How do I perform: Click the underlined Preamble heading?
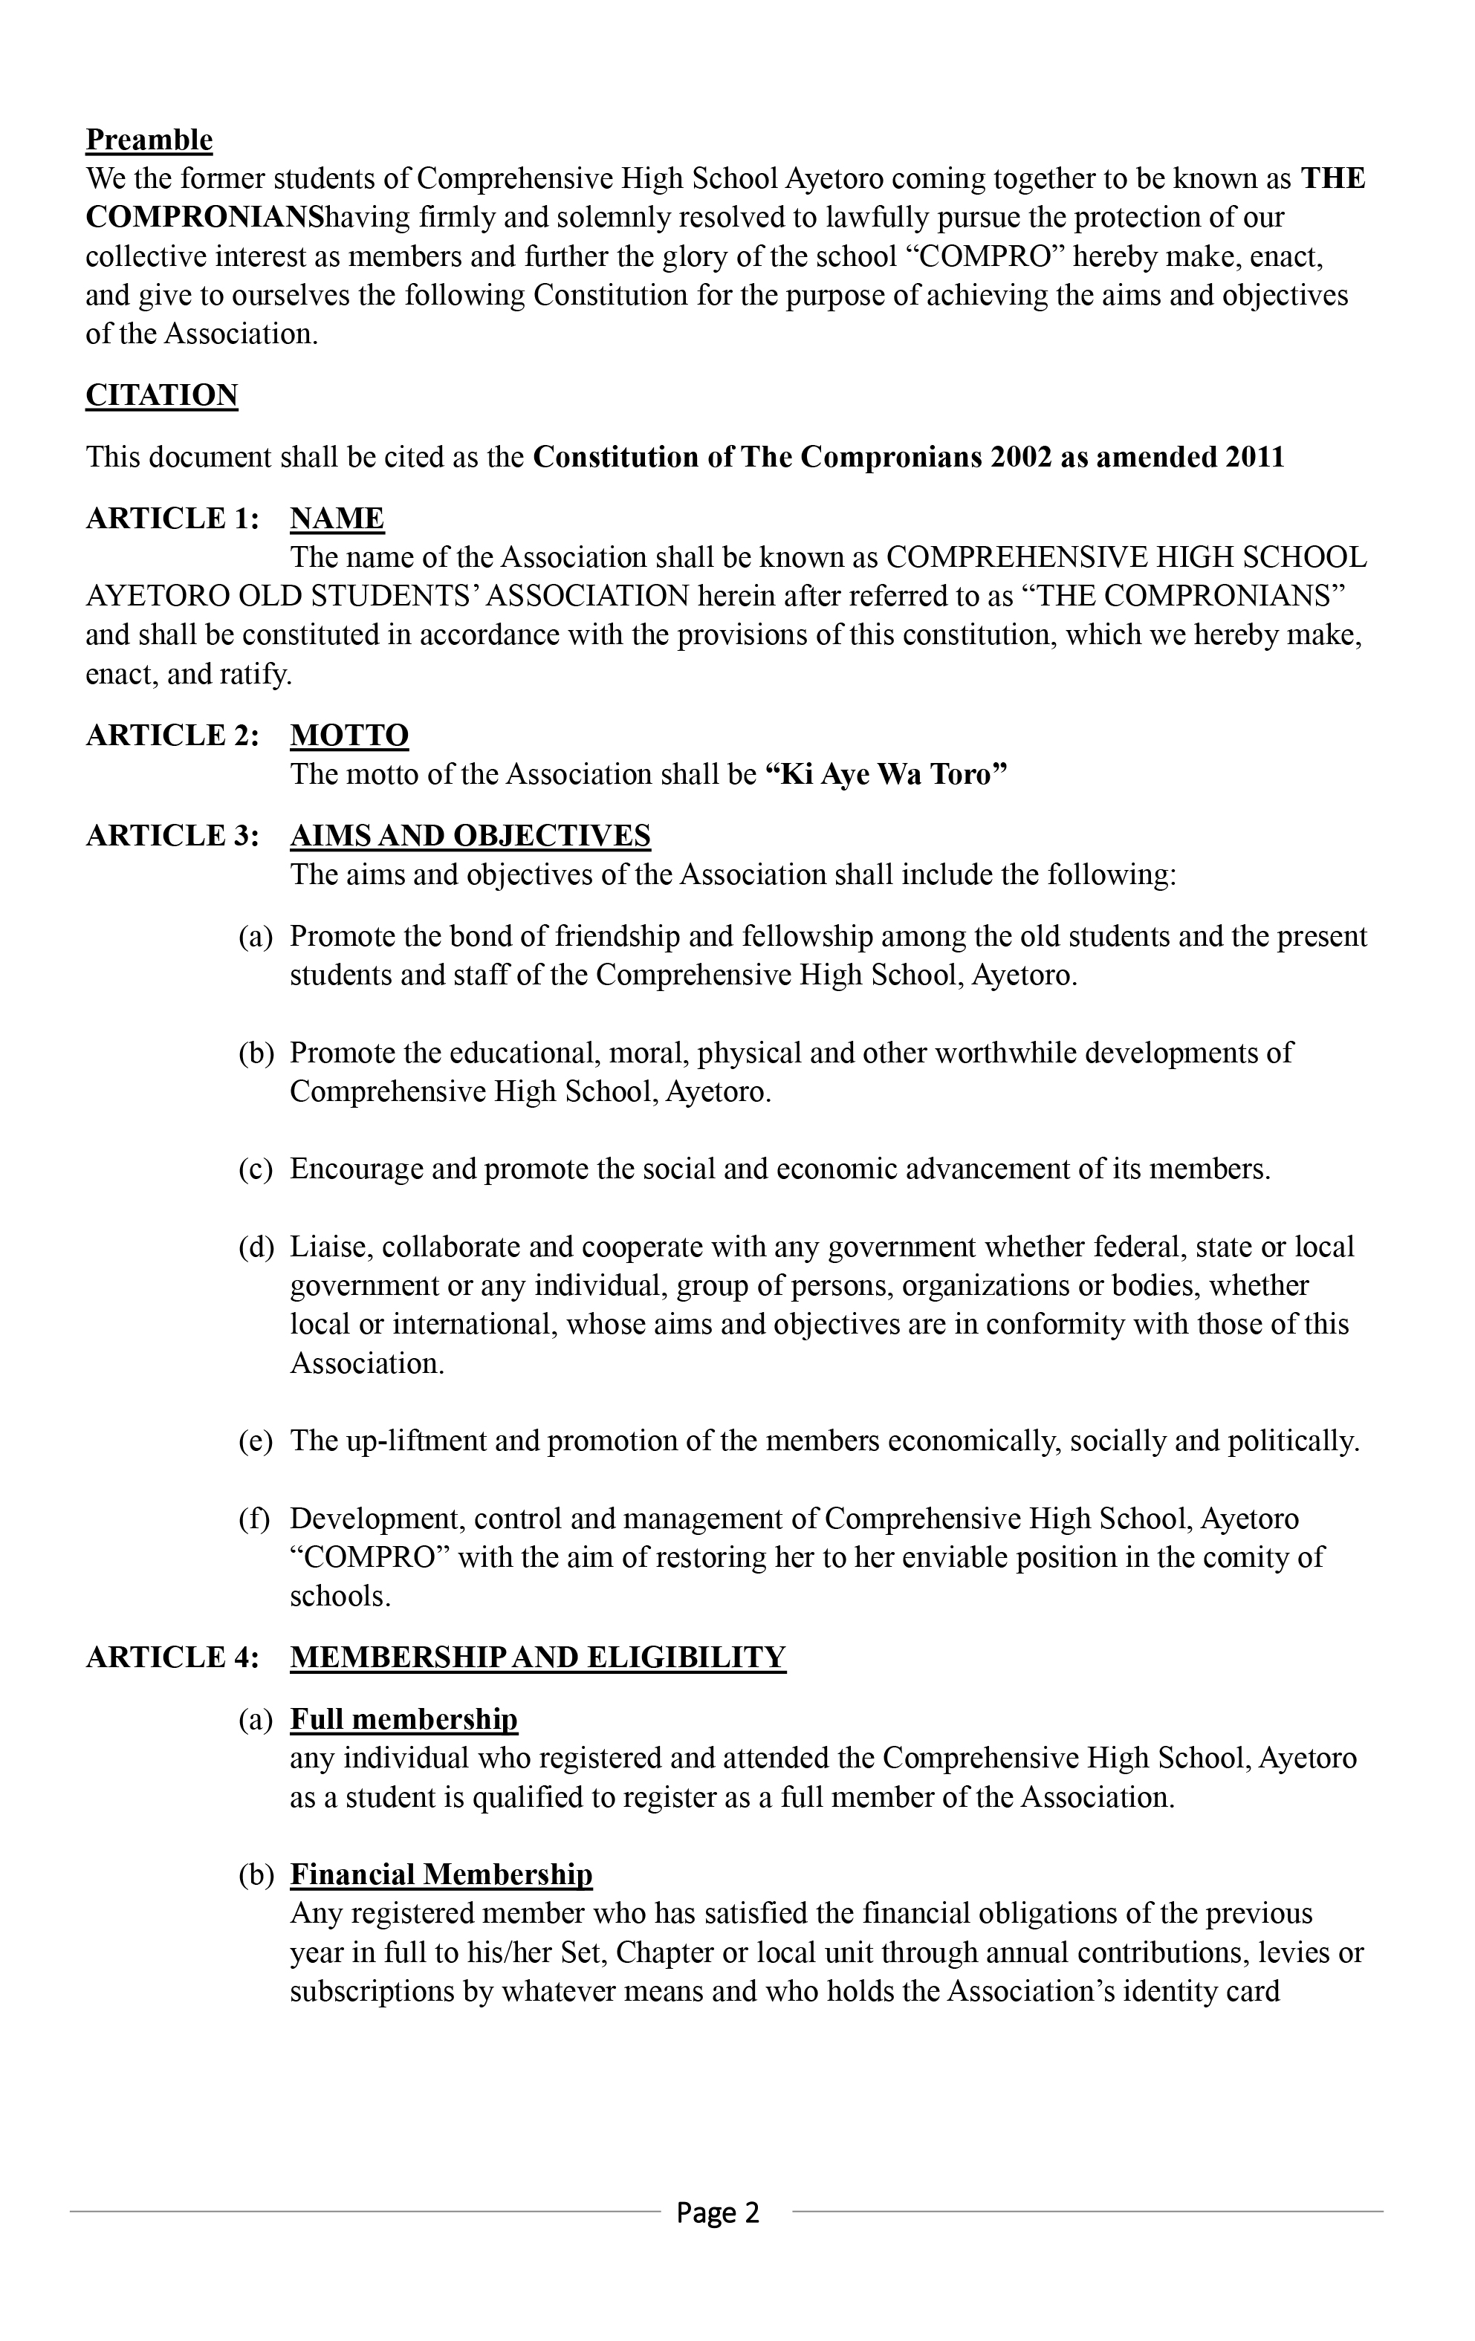pos(149,140)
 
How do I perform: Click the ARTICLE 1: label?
pos(173,518)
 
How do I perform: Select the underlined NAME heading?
pos(337,518)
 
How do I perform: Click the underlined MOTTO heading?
pos(349,735)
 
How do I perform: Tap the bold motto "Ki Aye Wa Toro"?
pos(886,774)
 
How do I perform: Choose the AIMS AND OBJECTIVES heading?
pos(470,836)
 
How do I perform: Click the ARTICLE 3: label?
pos(173,836)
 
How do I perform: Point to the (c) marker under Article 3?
pos(256,1169)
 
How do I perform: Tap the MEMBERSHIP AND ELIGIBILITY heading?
pos(538,1657)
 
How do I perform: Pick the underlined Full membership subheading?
pos(403,1720)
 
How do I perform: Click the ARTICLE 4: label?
pos(173,1657)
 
